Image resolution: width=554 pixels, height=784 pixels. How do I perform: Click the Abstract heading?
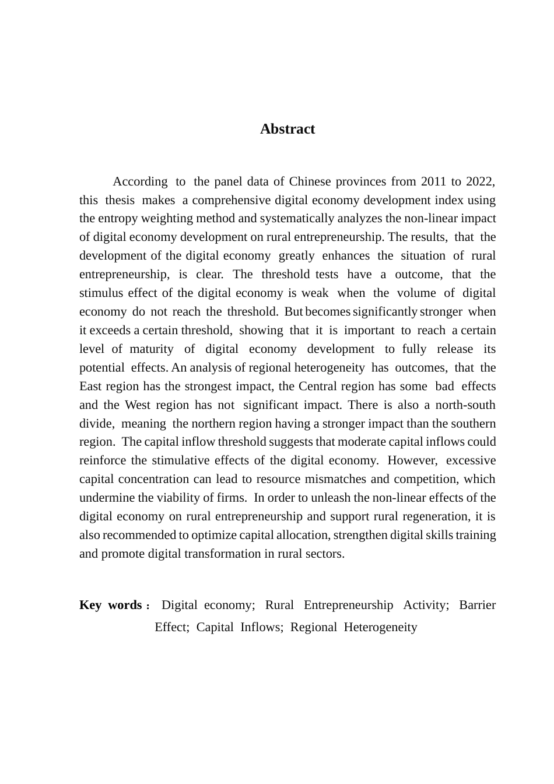point(287,129)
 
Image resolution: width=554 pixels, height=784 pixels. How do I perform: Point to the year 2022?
point(480,181)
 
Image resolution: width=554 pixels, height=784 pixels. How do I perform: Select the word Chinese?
point(311,181)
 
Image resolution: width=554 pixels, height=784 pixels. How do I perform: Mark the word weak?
point(315,293)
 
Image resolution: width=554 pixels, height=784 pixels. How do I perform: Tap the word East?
point(92,386)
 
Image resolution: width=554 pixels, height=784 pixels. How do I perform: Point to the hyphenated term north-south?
point(465,405)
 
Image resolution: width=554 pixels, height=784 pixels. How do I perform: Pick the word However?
point(412,460)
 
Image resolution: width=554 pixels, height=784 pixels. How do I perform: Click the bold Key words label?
point(111,605)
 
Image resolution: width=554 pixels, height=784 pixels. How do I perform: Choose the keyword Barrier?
point(477,605)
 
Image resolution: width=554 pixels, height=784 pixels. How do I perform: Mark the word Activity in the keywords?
point(426,605)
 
